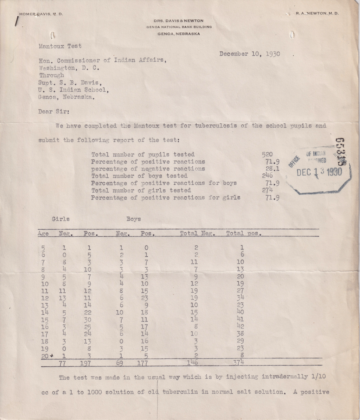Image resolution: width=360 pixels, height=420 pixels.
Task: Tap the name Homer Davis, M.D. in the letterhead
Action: point(41,14)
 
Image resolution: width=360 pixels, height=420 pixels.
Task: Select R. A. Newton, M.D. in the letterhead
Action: point(317,14)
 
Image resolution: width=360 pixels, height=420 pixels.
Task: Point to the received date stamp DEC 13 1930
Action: point(320,172)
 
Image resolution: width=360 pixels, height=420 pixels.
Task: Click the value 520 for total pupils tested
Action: point(268,154)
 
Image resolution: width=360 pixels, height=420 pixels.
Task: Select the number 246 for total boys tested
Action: point(268,176)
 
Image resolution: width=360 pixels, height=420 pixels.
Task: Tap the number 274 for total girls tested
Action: point(268,190)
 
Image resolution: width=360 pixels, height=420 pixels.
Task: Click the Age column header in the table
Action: point(43,233)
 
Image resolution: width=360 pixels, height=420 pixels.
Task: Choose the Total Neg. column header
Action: point(198,233)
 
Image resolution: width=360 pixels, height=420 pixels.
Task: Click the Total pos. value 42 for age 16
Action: point(240,326)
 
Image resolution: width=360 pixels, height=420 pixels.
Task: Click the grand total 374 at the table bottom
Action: point(239,363)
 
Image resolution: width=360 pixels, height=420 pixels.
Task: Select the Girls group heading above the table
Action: point(61,219)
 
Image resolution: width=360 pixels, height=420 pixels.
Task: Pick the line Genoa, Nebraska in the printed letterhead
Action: point(179,34)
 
